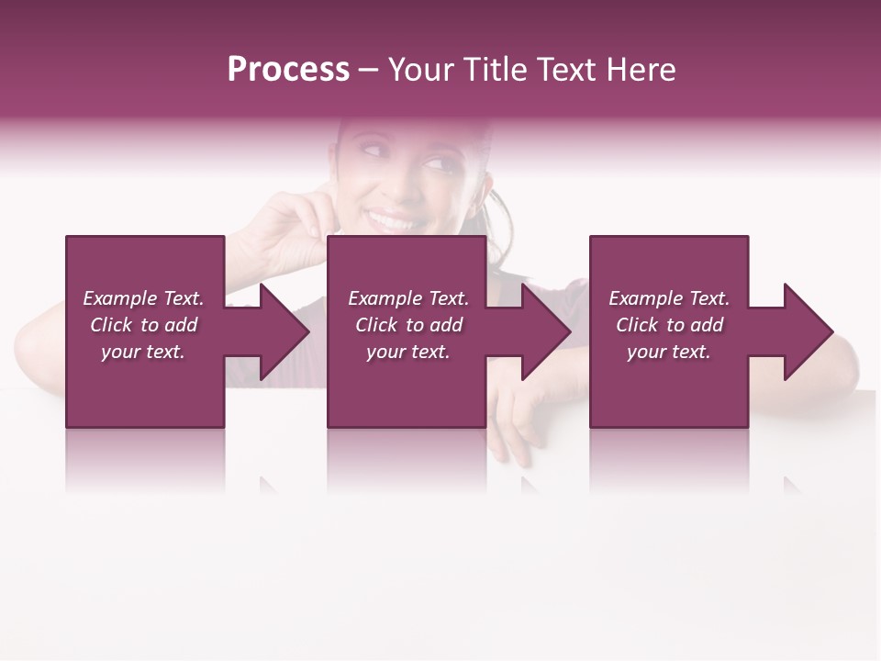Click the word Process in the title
pos(288,70)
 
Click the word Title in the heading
pos(496,70)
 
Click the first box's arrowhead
pos(279,331)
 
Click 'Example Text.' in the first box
pos(143,298)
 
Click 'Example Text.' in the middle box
pos(408,298)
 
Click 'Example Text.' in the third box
pos(669,298)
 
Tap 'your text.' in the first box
pos(143,352)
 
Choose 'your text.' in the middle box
pos(408,352)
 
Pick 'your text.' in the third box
pos(669,352)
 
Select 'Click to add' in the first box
pos(143,325)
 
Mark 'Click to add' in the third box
pos(669,325)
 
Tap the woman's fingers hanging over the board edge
pos(509,431)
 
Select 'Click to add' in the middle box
pos(408,325)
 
